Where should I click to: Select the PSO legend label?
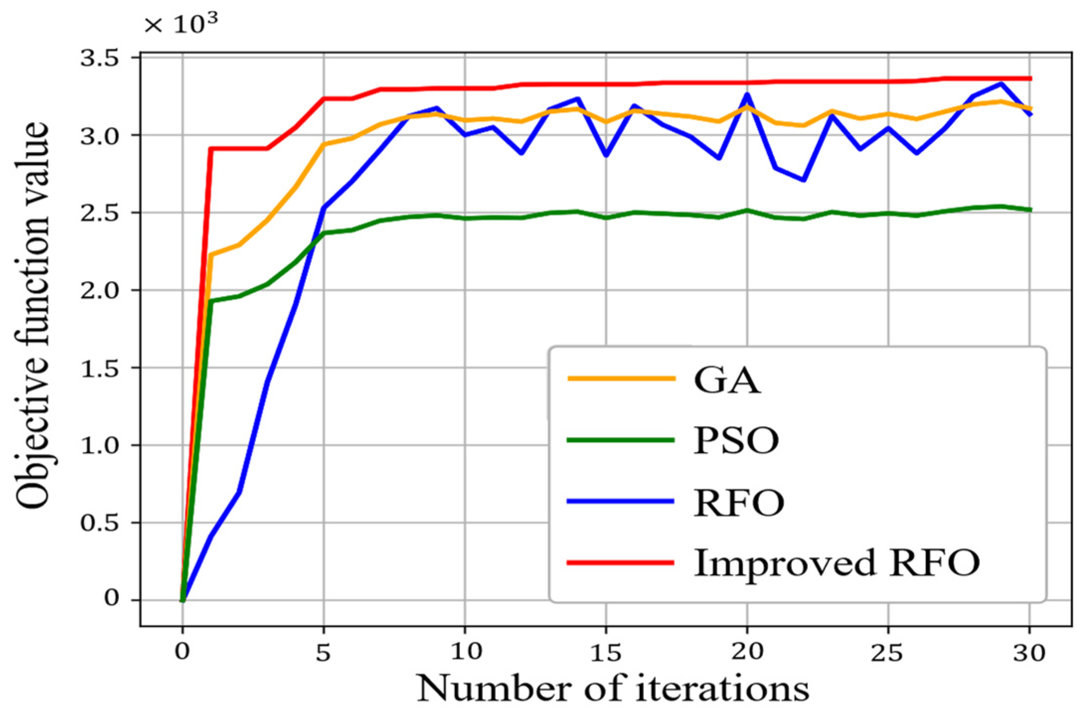click(736, 441)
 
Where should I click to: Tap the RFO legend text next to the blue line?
click(739, 503)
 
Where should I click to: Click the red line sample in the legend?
click(621, 563)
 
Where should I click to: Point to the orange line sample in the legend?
click(621, 378)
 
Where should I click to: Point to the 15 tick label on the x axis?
click(606, 652)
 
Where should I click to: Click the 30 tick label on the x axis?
click(1029, 652)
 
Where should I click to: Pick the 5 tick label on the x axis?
click(323, 652)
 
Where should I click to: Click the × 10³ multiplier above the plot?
click(181, 24)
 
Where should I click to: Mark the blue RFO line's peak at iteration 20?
click(747, 94)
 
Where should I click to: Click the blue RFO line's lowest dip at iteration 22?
click(803, 180)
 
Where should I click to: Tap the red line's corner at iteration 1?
click(211, 148)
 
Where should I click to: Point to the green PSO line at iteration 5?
click(324, 232)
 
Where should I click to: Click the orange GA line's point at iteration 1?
click(211, 255)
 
